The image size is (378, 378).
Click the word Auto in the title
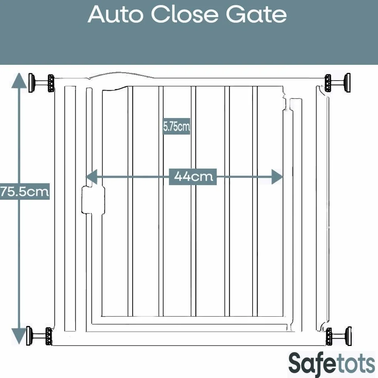pyautogui.click(x=115, y=15)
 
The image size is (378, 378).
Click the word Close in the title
pyautogui.click(x=185, y=15)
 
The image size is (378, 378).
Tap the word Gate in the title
pyautogui.click(x=256, y=15)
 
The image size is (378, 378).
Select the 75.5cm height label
pyautogui.click(x=25, y=191)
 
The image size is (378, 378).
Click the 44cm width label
pyautogui.click(x=193, y=177)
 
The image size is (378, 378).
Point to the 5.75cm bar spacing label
pyautogui.click(x=177, y=127)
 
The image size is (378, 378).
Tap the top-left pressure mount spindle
pyautogui.click(x=41, y=83)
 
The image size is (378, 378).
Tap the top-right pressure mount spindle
pyautogui.click(x=337, y=83)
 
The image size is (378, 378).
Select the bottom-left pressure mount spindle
pyautogui.click(x=39, y=336)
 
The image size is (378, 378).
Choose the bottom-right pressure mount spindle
pyautogui.click(x=339, y=336)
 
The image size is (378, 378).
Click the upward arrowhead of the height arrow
pyautogui.click(x=19, y=81)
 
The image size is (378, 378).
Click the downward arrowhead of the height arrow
pyautogui.click(x=19, y=336)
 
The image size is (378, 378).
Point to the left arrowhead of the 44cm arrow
pyautogui.click(x=91, y=177)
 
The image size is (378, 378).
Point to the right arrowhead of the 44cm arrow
pyautogui.click(x=277, y=177)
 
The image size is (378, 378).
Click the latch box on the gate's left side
pyautogui.click(x=93, y=200)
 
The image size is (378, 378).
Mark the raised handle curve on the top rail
pyautogui.click(x=122, y=75)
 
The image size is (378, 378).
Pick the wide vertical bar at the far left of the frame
pyautogui.click(x=70, y=209)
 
